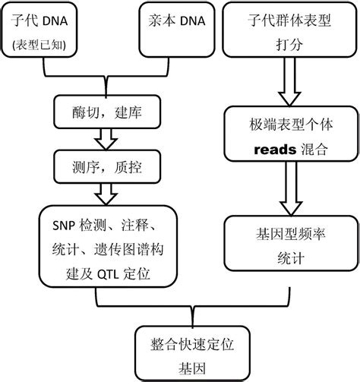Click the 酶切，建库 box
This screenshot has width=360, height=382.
point(103,114)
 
